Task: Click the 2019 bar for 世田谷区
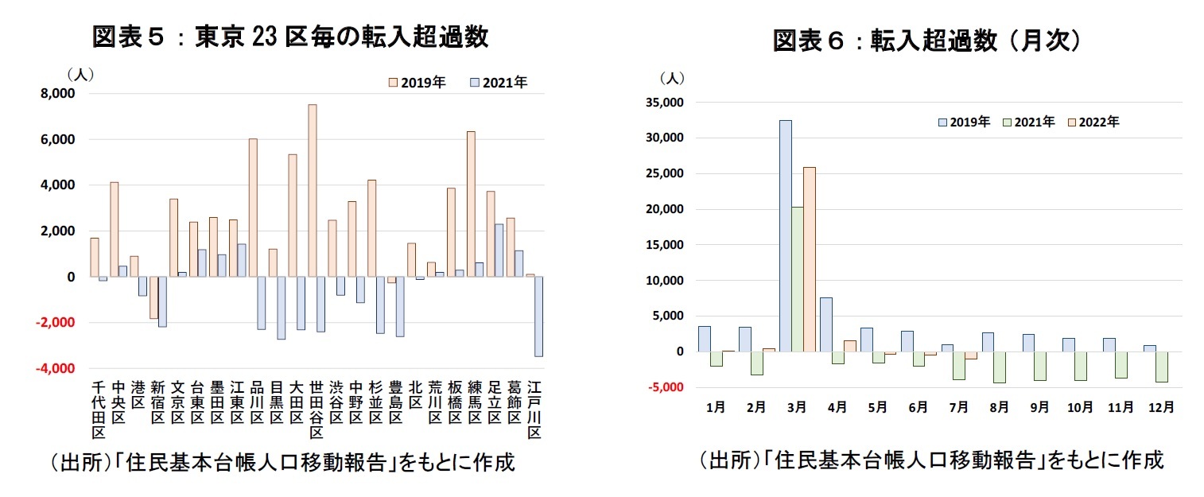[312, 191]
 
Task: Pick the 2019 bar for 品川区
[253, 208]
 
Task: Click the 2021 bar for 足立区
[499, 250]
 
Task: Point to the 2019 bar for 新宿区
[153, 297]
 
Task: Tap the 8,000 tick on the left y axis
[57, 94]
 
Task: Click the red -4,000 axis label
[56, 369]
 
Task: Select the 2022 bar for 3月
[810, 259]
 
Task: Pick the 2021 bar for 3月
[797, 279]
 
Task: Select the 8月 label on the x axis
[999, 406]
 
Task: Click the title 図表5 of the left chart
[289, 37]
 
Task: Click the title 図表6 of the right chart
[926, 41]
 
